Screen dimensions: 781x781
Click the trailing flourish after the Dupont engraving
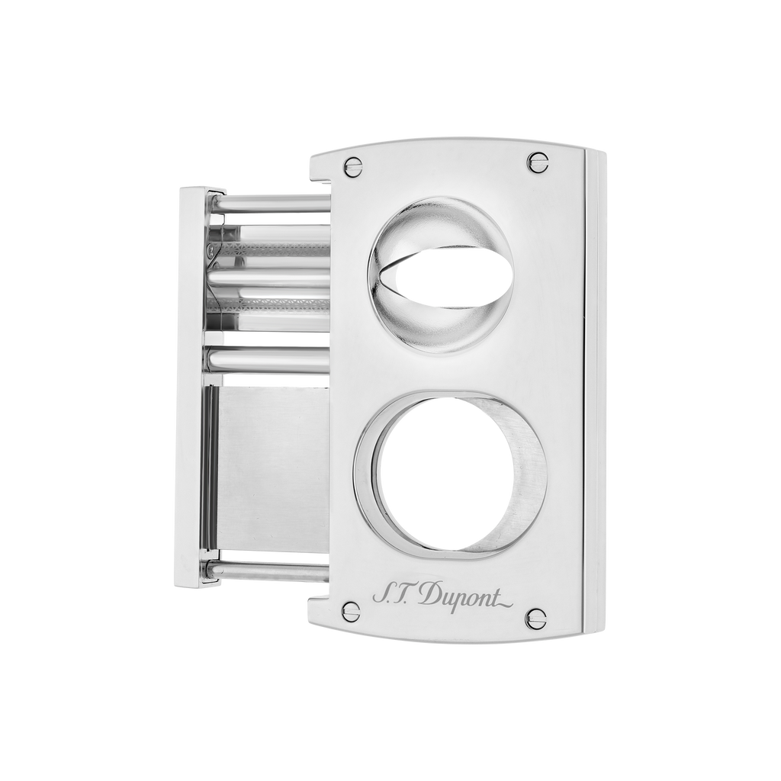click(503, 604)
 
